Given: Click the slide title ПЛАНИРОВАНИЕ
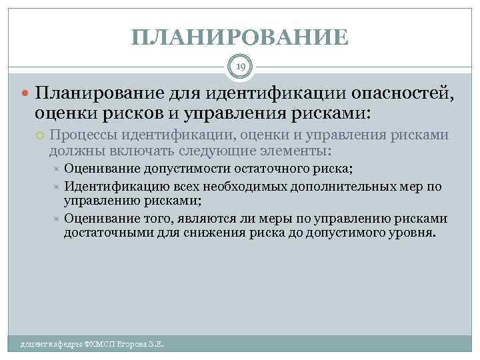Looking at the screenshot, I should (240, 37).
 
